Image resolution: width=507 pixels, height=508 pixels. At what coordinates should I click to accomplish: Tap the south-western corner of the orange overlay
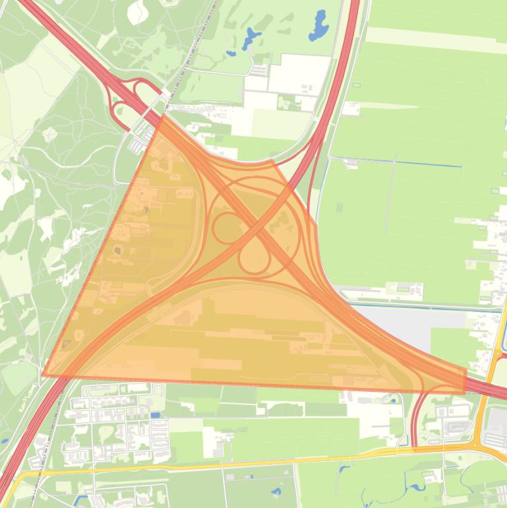point(44,375)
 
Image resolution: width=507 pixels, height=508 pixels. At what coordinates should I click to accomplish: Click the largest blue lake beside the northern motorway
point(319,26)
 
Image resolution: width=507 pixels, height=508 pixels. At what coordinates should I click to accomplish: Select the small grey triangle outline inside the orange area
point(67,343)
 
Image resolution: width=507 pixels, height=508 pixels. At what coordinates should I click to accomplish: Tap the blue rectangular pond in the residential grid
point(155,415)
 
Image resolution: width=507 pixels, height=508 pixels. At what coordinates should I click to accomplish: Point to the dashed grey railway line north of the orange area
point(198,46)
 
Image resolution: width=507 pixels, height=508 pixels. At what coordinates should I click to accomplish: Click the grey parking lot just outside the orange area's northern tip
point(140,137)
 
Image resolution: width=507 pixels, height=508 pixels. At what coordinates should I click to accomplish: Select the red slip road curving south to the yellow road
point(414,416)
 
